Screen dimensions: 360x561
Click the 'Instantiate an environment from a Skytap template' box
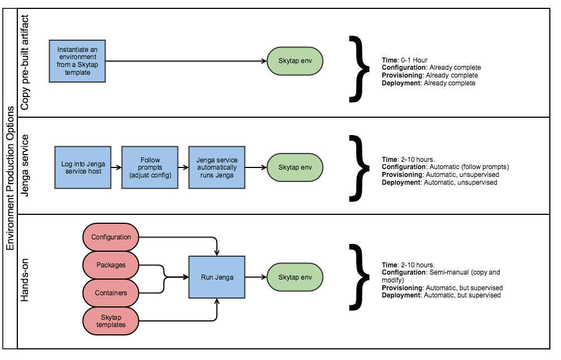(77, 61)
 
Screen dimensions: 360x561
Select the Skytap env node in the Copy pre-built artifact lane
(295, 61)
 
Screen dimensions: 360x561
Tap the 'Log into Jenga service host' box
(83, 167)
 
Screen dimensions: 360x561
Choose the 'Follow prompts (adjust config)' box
(150, 167)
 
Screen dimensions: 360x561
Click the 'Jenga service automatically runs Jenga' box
(217, 167)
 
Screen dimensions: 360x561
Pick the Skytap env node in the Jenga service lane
(295, 167)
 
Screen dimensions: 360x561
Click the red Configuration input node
(111, 237)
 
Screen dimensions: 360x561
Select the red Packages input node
(111, 265)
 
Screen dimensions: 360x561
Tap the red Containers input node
(111, 293)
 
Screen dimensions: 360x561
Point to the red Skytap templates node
(111, 321)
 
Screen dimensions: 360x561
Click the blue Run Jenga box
(217, 277)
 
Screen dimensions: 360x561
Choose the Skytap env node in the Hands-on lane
(295, 277)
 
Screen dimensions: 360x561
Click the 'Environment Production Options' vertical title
(9, 179)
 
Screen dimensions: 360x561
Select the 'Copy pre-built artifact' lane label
(25, 63)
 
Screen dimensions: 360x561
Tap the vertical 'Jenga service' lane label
(25, 166)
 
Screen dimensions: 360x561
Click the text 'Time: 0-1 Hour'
(405, 60)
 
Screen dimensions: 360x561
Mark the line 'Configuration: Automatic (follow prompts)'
(445, 167)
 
